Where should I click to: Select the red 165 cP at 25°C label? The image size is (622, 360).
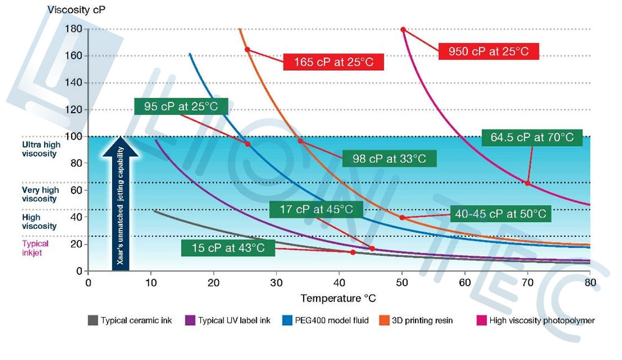pos(333,62)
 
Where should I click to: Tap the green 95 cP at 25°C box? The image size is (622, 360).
pos(181,106)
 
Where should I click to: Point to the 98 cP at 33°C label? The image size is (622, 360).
pos(389,159)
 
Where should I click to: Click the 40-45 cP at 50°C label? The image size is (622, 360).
pos(500,214)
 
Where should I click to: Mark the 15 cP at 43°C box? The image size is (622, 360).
pos(228,249)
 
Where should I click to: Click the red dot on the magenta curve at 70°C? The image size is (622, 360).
pos(527,183)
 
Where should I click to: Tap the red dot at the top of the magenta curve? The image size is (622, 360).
pos(403,29)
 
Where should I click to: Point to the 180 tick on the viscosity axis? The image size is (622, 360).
pos(74,29)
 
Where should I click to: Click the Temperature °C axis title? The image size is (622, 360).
pos(338,298)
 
